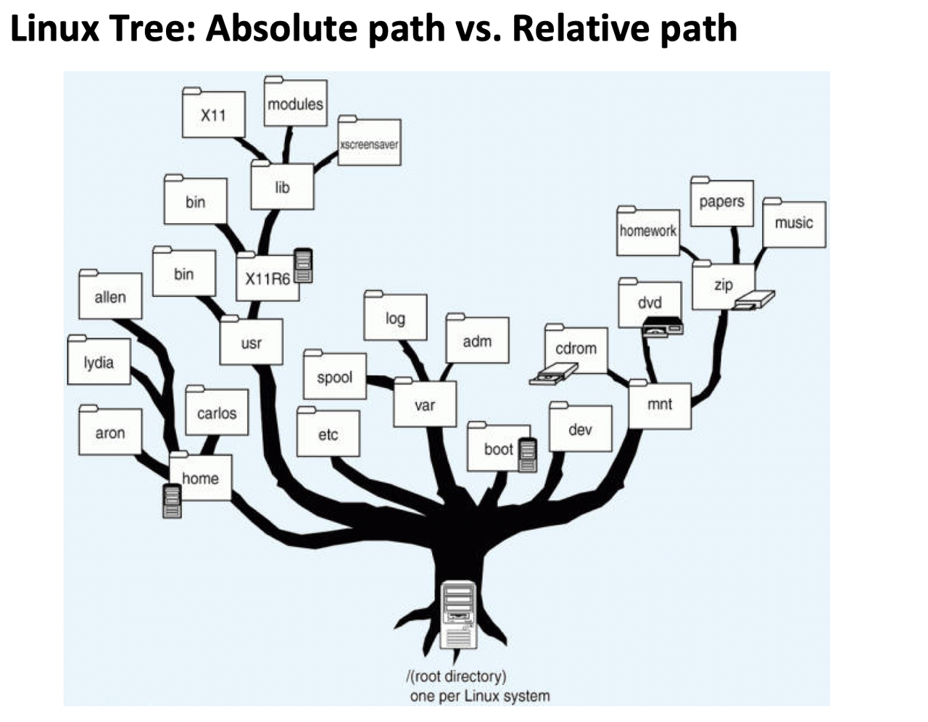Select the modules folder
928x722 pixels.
pyautogui.click(x=295, y=103)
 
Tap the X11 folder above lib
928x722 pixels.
pyautogui.click(x=213, y=114)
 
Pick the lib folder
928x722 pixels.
pyautogui.click(x=282, y=187)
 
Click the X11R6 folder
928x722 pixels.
pyautogui.click(x=267, y=278)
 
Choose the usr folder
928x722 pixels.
pyautogui.click(x=251, y=343)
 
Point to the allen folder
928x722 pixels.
pyautogui.click(x=110, y=296)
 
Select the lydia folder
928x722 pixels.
pyautogui.click(x=99, y=361)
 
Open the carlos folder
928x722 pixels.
pyautogui.click(x=217, y=413)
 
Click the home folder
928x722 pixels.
pyautogui.click(x=201, y=478)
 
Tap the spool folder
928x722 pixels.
pyautogui.click(x=334, y=377)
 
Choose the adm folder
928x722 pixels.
pyautogui.click(x=477, y=340)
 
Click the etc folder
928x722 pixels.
pyautogui.click(x=328, y=434)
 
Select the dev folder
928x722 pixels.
pyautogui.click(x=580, y=429)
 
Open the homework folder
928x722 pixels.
pyautogui.click(x=647, y=231)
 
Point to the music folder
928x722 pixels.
pyautogui.click(x=794, y=223)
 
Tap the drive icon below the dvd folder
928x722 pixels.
pyautogui.click(x=663, y=327)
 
